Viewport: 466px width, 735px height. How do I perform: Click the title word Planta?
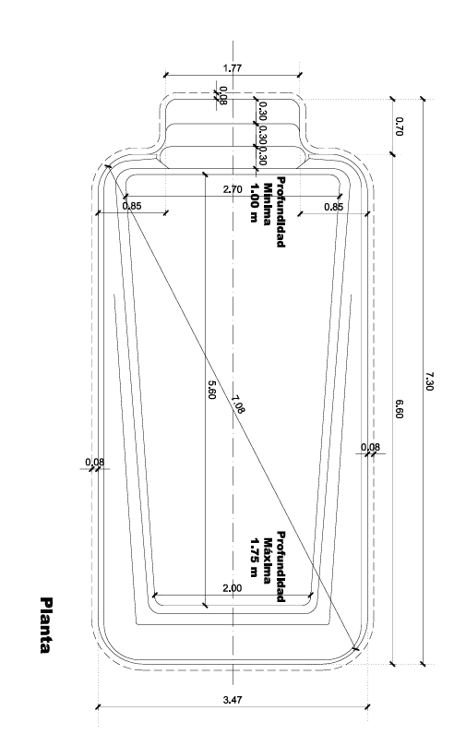coord(46,625)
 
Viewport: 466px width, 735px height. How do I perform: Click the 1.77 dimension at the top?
coord(233,68)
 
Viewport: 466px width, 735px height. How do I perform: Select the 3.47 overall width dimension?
coord(233,700)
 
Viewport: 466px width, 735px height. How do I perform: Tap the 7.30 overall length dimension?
coord(430,380)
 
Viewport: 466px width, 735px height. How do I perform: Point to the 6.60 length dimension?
coord(399,409)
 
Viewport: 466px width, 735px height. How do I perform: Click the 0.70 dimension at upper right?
coord(399,127)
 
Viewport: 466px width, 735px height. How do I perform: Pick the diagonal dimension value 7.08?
coord(238,404)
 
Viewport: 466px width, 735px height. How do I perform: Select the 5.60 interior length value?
coord(211,390)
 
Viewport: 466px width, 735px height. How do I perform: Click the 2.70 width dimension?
coord(233,189)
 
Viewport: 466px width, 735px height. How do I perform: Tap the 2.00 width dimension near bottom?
coord(233,588)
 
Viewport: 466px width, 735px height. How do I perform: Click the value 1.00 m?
coord(255,202)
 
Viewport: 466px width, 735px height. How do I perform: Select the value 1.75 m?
coord(255,557)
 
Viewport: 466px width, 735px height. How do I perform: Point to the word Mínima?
coord(267,204)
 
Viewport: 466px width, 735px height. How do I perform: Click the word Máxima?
coord(267,560)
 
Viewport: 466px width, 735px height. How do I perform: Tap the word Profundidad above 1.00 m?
coord(281,211)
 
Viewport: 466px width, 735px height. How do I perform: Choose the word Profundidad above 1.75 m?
coord(281,566)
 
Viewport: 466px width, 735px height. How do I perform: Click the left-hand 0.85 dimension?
coord(132,205)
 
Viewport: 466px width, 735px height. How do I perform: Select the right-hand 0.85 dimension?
coord(333,207)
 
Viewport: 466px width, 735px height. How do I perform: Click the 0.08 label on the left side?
coord(95,463)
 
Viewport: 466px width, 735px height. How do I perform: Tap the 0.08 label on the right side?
coord(370,447)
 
